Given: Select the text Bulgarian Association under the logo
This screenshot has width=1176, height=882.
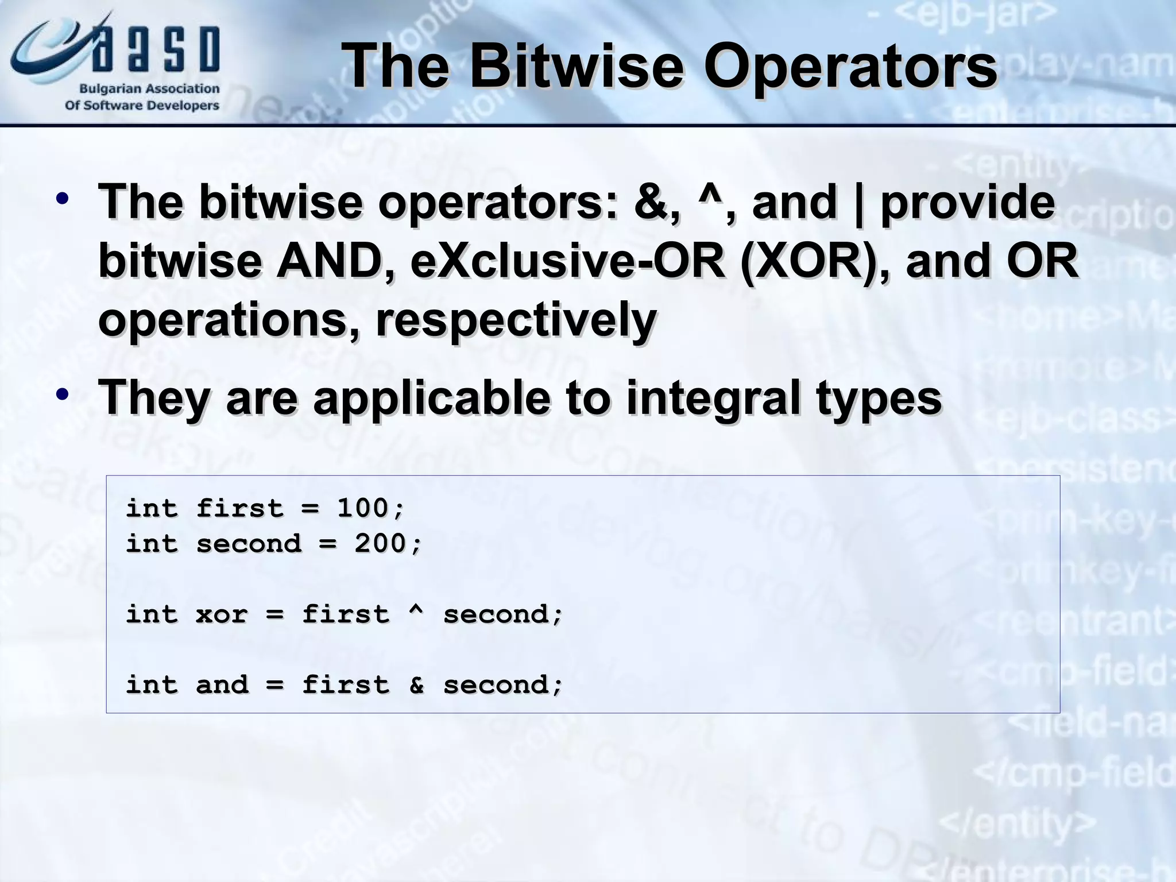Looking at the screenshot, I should click(x=149, y=89).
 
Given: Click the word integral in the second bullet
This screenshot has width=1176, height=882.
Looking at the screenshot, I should click(x=713, y=399).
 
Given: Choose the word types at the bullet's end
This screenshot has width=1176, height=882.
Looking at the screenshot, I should click(x=879, y=399).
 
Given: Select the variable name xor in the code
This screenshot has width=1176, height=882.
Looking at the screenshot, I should click(x=222, y=614).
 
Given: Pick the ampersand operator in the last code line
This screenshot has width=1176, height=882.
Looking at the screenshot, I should click(x=416, y=684).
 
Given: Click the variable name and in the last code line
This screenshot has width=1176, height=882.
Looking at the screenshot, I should click(x=222, y=684).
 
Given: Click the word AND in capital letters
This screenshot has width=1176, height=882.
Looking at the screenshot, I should click(x=330, y=261).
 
